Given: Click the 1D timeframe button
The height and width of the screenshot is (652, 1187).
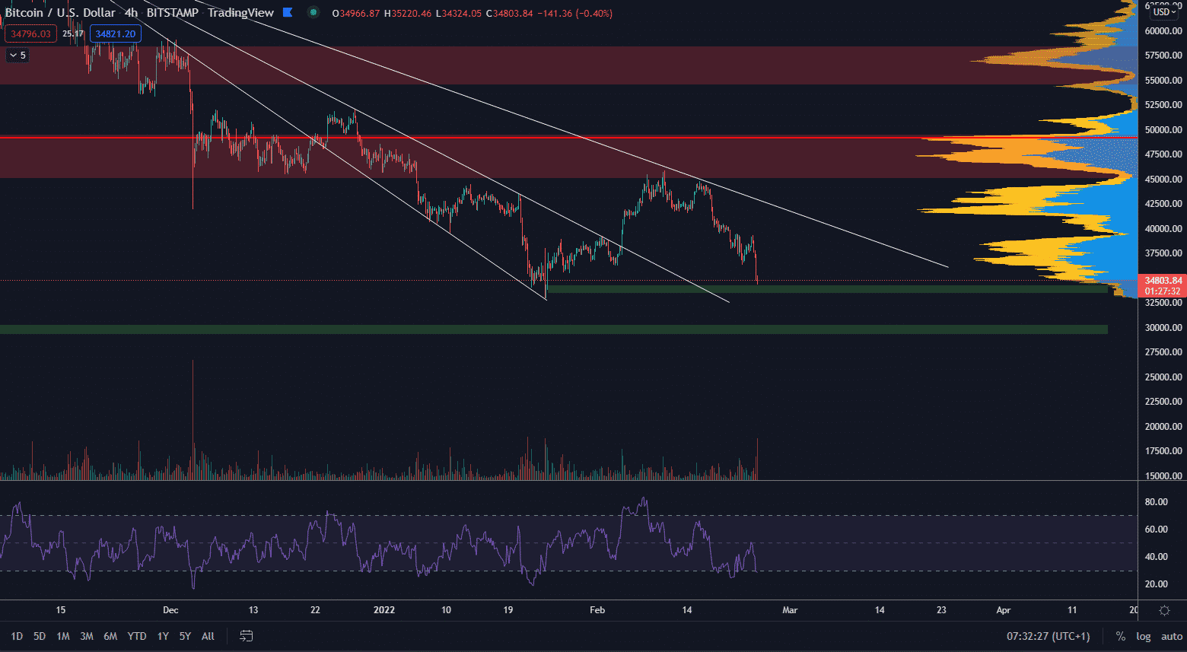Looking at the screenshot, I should click(17, 636).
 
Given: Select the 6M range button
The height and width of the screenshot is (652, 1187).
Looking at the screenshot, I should click(110, 636).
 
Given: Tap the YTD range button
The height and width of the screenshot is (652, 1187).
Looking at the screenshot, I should click(137, 636).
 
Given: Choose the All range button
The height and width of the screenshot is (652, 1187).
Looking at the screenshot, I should click(208, 636).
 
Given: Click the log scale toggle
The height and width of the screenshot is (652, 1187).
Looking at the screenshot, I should click(1144, 636).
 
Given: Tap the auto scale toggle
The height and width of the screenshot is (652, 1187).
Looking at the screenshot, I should click(1172, 636).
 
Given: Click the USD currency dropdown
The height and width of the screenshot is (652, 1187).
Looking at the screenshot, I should click(1164, 12).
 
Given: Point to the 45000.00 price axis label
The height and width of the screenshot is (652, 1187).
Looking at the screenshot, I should click(1163, 180).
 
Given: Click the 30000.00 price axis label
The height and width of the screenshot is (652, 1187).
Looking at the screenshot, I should click(1163, 328).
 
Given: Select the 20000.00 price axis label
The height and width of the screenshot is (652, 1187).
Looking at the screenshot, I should click(1163, 427).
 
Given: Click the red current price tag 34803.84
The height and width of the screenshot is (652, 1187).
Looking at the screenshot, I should click(1163, 281).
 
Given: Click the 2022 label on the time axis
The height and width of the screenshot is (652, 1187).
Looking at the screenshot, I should click(384, 610).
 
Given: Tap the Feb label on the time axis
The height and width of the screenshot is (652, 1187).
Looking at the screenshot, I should click(597, 610).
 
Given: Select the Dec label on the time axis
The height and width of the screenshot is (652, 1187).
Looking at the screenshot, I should click(170, 610).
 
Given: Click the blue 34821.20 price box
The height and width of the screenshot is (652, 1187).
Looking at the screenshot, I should click(116, 33).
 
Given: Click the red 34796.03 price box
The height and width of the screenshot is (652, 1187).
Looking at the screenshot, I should click(30, 33).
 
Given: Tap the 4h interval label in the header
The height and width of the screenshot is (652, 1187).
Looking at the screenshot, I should click(131, 13).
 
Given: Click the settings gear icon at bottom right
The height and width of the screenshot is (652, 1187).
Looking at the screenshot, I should click(1164, 610).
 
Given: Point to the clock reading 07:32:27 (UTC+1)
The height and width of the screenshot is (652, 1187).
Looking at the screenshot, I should click(1048, 636).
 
